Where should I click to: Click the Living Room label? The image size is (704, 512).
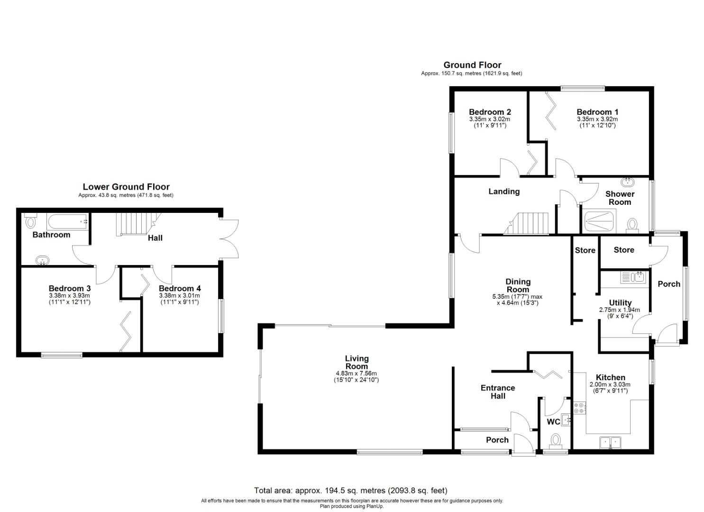click(357, 363)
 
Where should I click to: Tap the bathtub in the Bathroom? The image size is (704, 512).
click(67, 221)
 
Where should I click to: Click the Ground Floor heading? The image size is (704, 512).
click(472, 65)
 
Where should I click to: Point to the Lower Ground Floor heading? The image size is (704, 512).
click(126, 187)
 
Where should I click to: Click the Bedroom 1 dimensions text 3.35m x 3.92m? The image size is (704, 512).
click(597, 119)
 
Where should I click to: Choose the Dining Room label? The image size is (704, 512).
click(518, 285)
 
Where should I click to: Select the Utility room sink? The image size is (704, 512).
click(632, 277)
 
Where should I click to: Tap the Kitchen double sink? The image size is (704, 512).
click(611, 442)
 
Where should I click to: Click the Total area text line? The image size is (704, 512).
click(351, 491)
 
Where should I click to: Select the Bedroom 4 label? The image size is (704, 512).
click(180, 288)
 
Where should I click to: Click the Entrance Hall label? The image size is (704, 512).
click(498, 392)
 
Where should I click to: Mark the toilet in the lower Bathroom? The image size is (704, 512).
click(30, 220)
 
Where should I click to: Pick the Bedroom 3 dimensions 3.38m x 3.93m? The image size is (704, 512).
click(69, 295)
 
